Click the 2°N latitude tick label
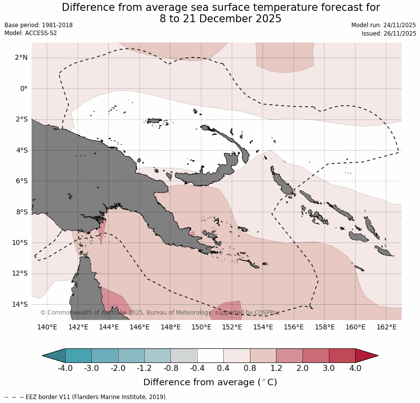21,58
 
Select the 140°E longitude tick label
47,327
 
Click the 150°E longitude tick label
202,327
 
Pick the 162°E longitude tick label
386,327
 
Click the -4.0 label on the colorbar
65,368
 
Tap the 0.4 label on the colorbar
223,368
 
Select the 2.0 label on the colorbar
302,368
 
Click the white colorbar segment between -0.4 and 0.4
210,356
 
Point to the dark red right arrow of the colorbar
366,356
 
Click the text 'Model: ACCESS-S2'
31,33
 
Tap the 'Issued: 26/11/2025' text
389,33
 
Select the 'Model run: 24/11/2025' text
383,25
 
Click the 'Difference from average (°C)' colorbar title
210,382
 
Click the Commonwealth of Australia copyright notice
167,313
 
